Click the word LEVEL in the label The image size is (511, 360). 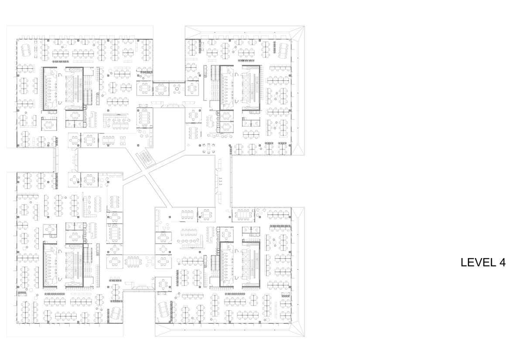coord(478,262)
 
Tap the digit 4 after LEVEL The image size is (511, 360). coord(502,262)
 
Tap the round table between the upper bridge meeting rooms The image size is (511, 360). coord(177,89)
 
